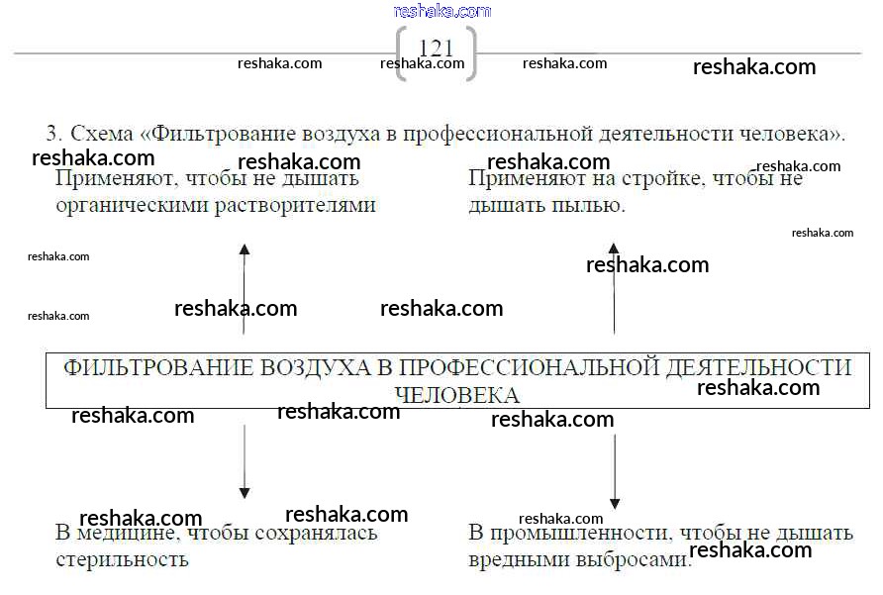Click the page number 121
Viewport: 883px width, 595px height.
click(436, 49)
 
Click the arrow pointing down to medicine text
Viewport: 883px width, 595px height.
click(245, 460)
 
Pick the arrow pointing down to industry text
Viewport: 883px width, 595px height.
click(615, 470)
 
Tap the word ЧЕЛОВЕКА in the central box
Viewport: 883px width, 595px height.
click(456, 395)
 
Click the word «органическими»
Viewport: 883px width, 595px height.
click(134, 206)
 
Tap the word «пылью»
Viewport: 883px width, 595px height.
click(596, 206)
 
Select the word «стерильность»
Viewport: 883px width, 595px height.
click(122, 559)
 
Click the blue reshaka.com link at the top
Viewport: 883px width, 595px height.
click(441, 11)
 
